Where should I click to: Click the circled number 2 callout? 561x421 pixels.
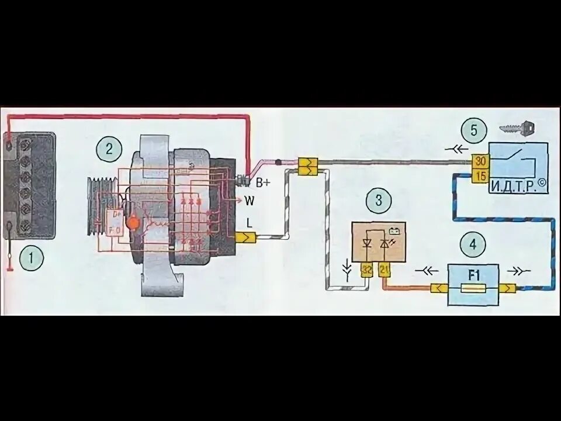(x=109, y=148)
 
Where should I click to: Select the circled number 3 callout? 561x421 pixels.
(x=378, y=201)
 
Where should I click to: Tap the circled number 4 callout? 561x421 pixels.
(x=473, y=243)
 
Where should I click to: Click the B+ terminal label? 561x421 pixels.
(x=263, y=183)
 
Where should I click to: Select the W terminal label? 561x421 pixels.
(x=250, y=201)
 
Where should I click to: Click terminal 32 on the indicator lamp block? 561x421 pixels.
(x=367, y=270)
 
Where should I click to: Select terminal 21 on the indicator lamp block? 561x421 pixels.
(x=384, y=270)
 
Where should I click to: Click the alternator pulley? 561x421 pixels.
(x=97, y=206)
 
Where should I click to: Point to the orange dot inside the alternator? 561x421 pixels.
(x=133, y=223)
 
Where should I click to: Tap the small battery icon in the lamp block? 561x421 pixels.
(x=393, y=229)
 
